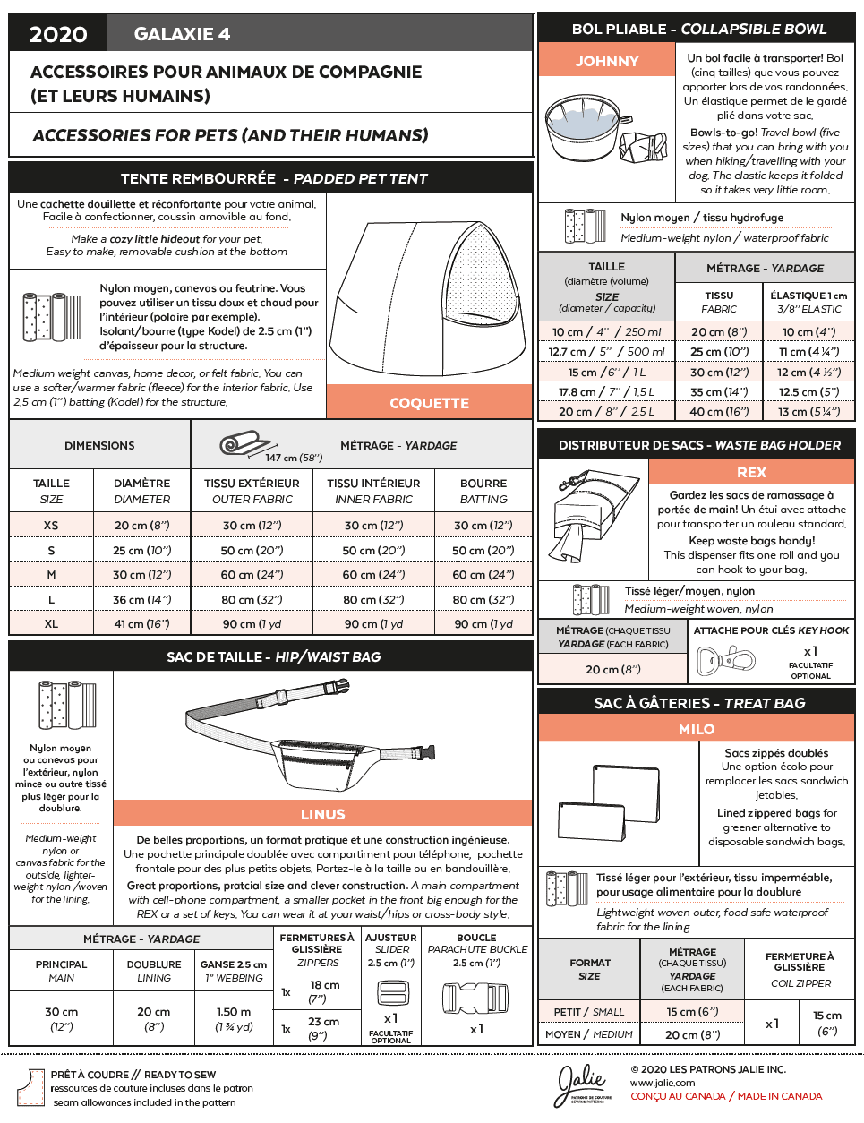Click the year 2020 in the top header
[x=58, y=34]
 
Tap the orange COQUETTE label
[x=429, y=403]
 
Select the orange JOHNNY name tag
[x=607, y=61]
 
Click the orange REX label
[x=751, y=472]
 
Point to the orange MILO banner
[x=697, y=729]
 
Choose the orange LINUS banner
[x=322, y=814]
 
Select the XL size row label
[x=51, y=623]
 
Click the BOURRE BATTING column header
[x=483, y=491]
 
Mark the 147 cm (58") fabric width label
[x=294, y=458]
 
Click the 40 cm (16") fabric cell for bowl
[x=718, y=411]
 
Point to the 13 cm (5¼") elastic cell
[x=808, y=411]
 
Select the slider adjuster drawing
[x=392, y=993]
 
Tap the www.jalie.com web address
[x=663, y=1083]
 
